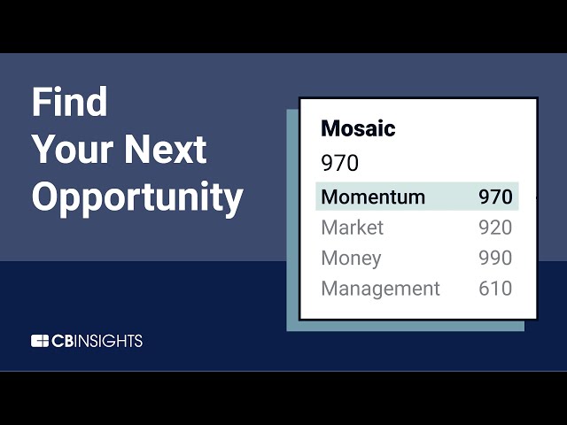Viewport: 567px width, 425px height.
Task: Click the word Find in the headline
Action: (x=69, y=103)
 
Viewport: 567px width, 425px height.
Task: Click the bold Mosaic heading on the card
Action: (x=358, y=128)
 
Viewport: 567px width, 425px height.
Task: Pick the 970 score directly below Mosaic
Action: (x=339, y=164)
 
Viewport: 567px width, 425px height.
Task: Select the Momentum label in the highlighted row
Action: (x=373, y=197)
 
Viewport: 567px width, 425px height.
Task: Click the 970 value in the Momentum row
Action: (x=495, y=197)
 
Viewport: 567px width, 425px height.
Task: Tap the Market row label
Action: (x=352, y=228)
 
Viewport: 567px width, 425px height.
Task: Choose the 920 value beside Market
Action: (x=495, y=228)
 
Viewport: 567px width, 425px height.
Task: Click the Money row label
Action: (x=351, y=259)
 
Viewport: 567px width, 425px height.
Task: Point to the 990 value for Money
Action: (x=495, y=259)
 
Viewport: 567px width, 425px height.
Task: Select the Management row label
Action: (x=380, y=289)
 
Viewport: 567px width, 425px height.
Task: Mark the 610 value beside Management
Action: (x=495, y=289)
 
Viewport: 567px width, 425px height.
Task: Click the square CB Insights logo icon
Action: (x=40, y=341)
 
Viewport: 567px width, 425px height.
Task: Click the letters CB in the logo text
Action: (x=62, y=341)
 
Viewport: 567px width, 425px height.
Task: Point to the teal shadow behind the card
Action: (x=292, y=221)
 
